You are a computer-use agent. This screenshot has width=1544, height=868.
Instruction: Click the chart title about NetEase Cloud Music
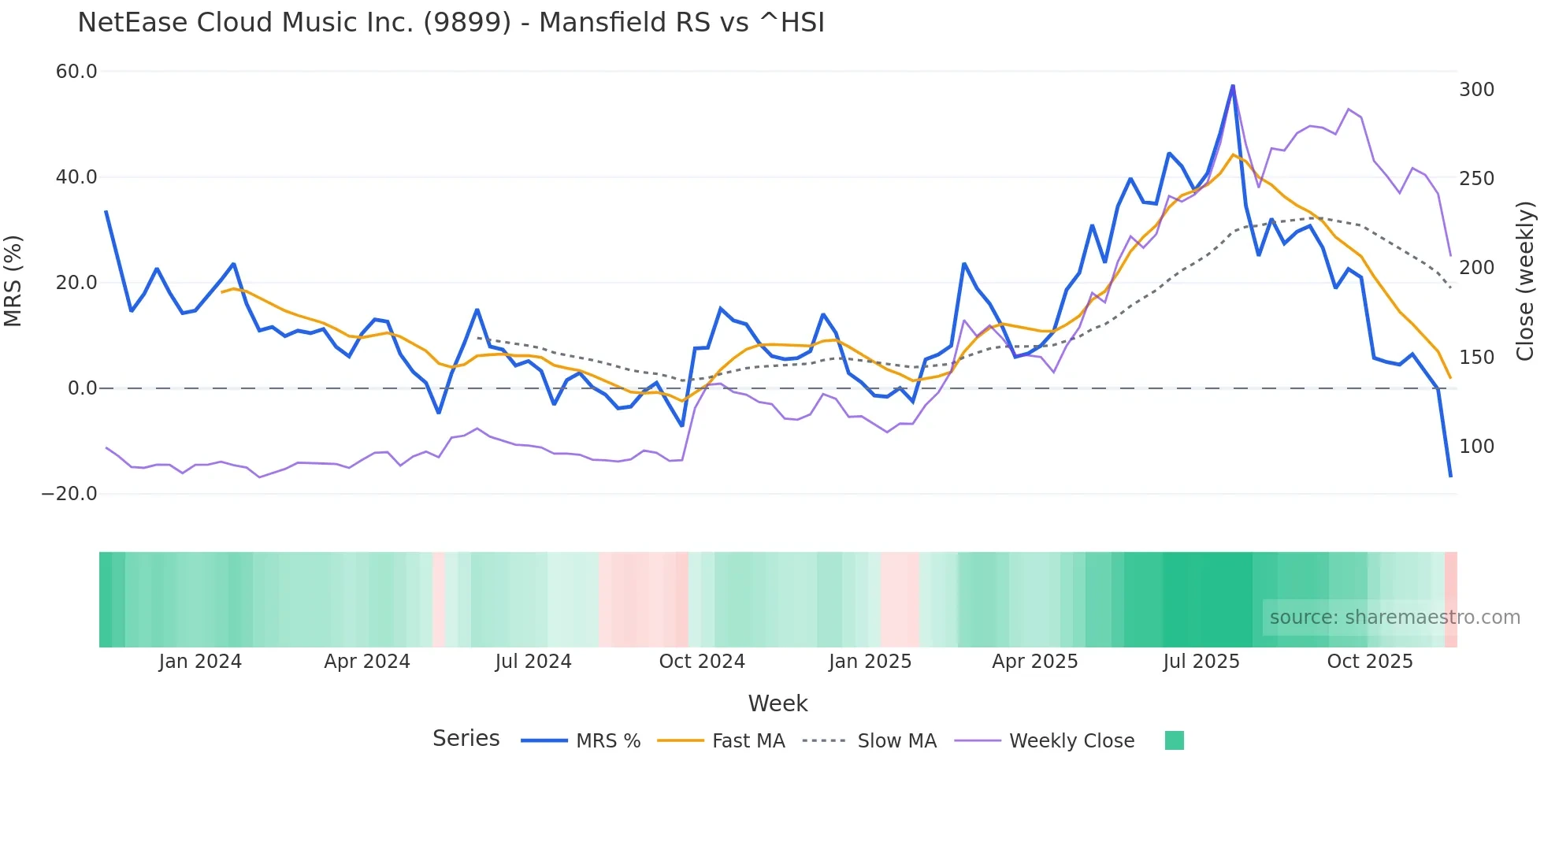tap(451, 23)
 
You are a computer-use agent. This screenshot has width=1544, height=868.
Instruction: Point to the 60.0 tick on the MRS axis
tap(76, 72)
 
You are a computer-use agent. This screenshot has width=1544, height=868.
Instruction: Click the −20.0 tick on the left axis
tap(69, 494)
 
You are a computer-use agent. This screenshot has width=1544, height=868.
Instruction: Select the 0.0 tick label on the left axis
tap(82, 388)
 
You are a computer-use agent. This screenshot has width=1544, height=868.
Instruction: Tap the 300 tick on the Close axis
tap(1476, 90)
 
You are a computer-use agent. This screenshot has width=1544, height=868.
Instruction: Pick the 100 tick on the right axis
tap(1476, 447)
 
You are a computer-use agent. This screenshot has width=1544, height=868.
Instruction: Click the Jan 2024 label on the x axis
tap(200, 662)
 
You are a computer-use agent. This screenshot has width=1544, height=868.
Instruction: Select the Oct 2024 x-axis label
tap(702, 662)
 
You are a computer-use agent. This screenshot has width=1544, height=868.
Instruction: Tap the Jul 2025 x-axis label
tap(1201, 662)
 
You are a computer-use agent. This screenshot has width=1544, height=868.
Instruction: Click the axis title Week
tap(778, 703)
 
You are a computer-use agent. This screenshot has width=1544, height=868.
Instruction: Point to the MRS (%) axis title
tap(13, 280)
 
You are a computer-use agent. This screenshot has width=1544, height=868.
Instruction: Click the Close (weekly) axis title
tap(1525, 280)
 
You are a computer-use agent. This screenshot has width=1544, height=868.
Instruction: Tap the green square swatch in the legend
tap(1174, 740)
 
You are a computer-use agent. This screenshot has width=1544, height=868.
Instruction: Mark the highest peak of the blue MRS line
tap(1233, 86)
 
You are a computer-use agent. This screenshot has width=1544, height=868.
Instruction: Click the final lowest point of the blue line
tap(1450, 476)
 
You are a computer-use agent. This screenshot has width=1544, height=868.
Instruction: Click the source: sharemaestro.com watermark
tap(1394, 618)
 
